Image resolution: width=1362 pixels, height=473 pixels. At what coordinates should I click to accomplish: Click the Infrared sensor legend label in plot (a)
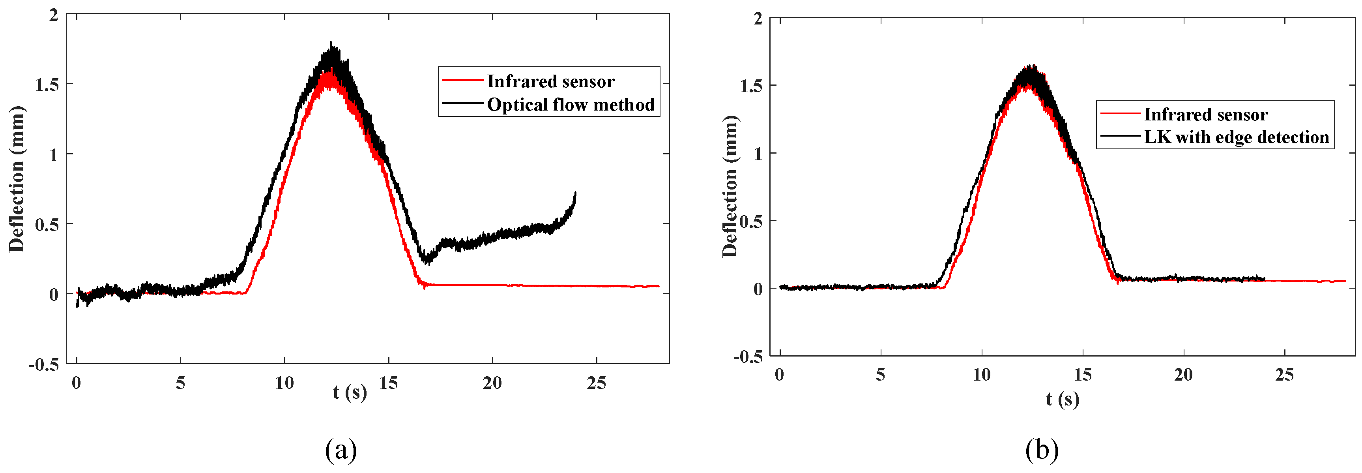550,81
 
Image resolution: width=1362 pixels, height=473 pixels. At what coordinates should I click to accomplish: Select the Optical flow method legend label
571,105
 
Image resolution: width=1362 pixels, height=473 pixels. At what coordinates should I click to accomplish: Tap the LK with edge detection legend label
1236,137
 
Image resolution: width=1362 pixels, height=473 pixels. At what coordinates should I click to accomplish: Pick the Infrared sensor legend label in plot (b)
1206,114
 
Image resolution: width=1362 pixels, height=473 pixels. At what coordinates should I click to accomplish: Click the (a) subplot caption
341,450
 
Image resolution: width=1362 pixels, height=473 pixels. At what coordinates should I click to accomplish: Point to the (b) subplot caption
1042,450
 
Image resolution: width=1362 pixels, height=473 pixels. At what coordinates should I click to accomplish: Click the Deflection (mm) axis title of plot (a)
17,179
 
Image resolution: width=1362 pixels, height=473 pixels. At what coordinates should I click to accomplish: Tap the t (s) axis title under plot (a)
350,392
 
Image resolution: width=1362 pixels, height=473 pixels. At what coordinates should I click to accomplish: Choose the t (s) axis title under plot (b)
1062,398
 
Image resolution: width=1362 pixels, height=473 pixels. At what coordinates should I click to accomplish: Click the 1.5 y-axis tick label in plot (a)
47,84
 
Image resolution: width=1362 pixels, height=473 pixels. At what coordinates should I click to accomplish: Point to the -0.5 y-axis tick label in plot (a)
44,364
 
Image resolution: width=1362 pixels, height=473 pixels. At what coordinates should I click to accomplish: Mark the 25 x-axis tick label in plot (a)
597,383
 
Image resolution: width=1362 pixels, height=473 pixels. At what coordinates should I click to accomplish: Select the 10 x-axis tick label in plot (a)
284,383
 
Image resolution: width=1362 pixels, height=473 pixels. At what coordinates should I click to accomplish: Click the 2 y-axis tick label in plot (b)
758,19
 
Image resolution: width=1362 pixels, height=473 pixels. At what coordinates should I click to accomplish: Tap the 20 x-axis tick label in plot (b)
1183,375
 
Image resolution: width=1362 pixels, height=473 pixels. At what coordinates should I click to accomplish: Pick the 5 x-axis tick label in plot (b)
880,375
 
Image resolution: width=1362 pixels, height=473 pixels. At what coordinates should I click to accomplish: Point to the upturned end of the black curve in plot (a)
575,193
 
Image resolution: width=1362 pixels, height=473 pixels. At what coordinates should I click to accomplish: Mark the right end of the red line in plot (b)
1345,281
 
